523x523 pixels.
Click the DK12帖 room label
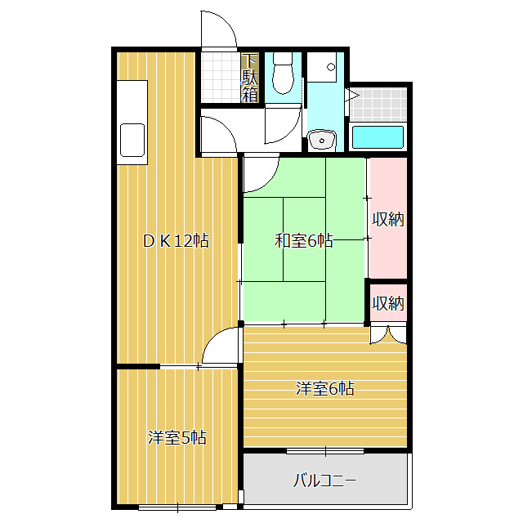point(176,241)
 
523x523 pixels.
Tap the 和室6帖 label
point(303,241)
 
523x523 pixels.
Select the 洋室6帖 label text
point(324,390)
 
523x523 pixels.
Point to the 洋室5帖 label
point(177,438)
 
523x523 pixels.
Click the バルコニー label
point(324,480)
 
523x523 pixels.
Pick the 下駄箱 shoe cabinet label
point(250,78)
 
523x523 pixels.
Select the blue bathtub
point(378,137)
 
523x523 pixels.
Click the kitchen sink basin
point(132,140)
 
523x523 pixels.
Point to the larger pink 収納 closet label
point(388,220)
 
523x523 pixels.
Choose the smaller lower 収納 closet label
point(388,303)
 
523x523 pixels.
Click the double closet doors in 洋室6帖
point(387,333)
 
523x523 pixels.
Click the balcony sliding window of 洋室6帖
point(325,451)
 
